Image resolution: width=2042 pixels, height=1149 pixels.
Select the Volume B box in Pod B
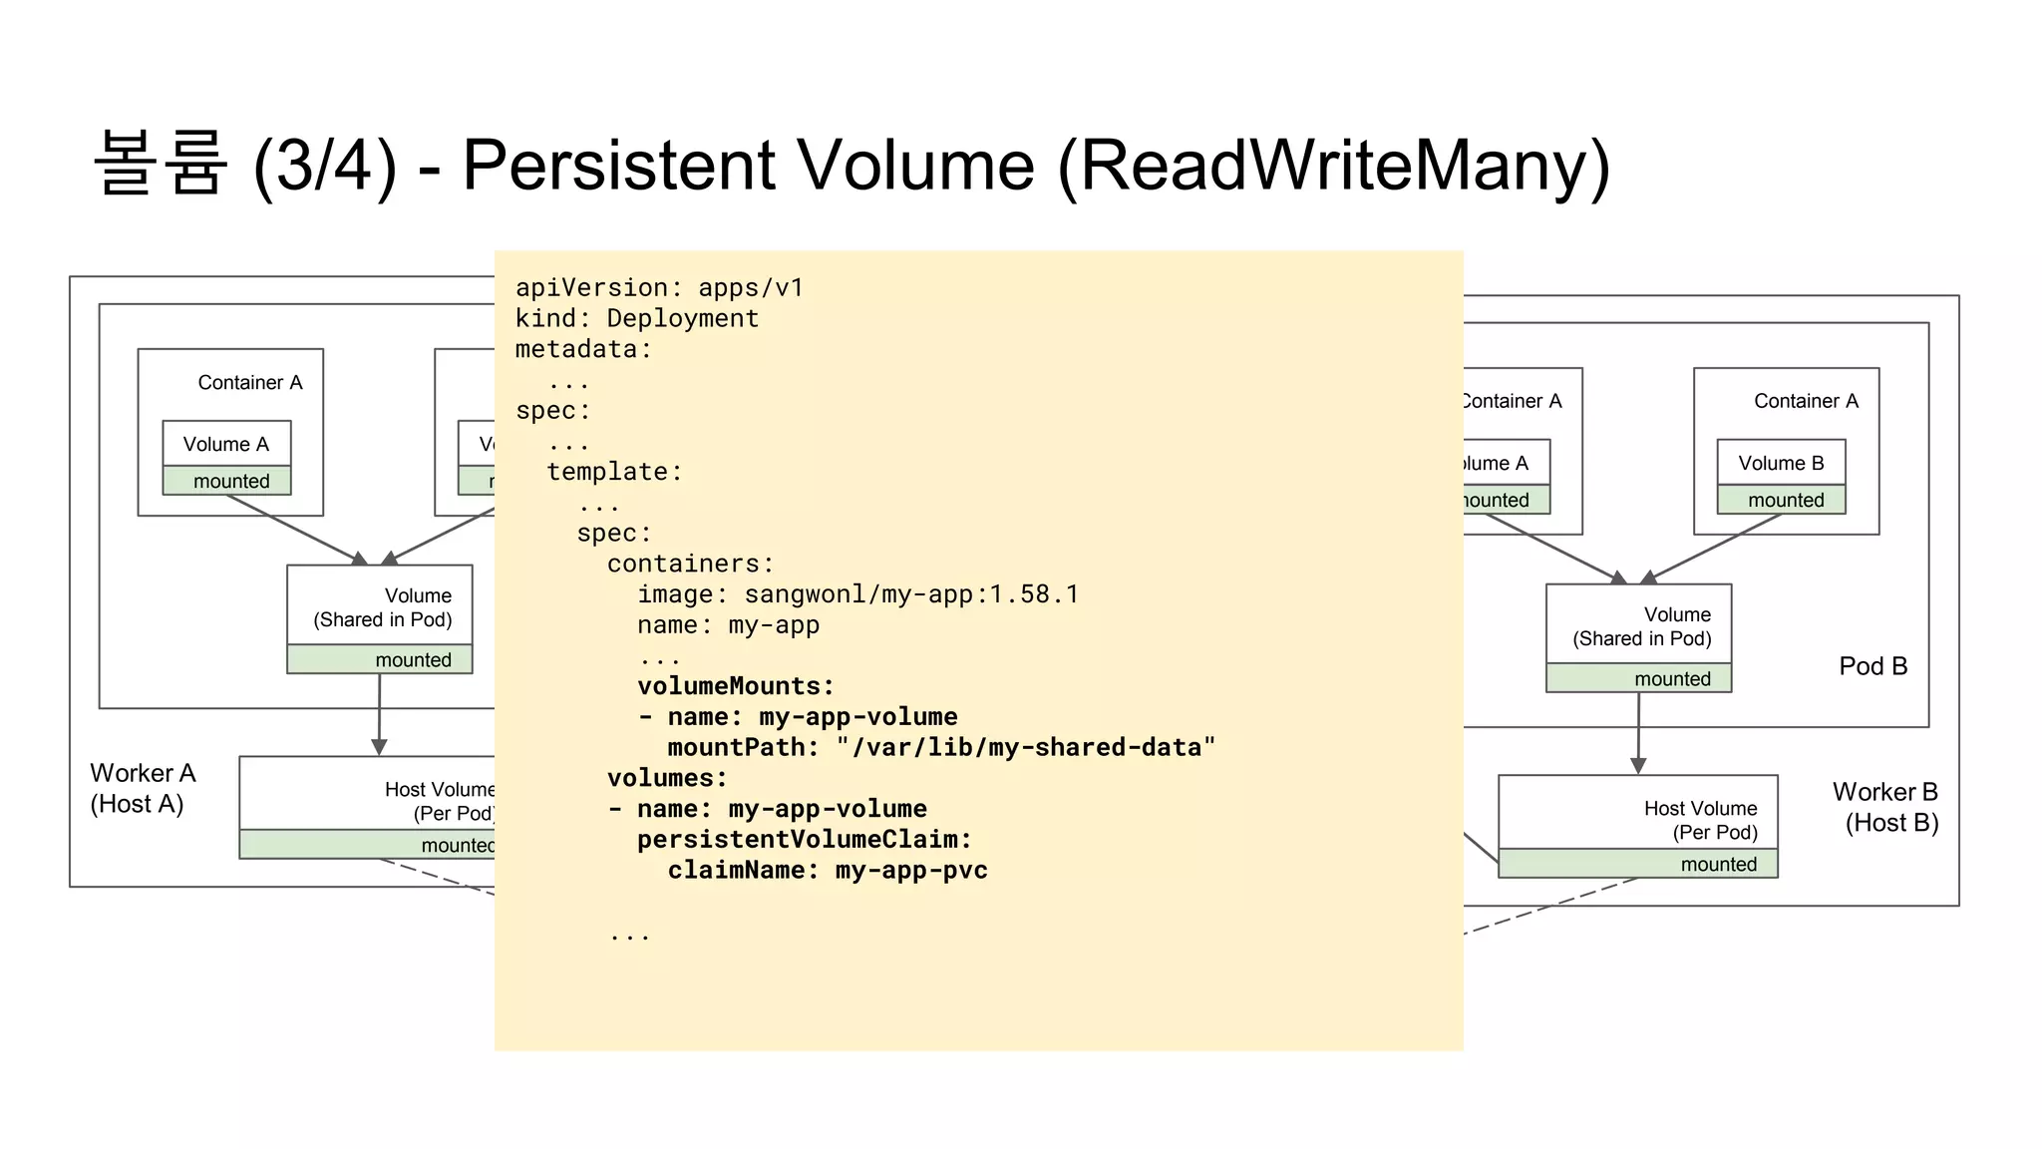(1781, 463)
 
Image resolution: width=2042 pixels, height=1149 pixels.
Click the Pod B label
(1872, 666)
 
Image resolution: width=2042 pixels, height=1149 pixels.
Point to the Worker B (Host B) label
(1886, 807)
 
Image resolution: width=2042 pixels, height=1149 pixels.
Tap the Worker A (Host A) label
(143, 788)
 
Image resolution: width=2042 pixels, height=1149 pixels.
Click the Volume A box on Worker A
(226, 445)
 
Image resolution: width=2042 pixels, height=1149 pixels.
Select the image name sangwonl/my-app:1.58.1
(911, 594)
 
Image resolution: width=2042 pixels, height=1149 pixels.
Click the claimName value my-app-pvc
(911, 870)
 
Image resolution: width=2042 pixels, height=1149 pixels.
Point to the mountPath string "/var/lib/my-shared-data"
(1026, 747)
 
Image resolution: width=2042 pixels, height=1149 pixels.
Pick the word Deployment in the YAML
(683, 318)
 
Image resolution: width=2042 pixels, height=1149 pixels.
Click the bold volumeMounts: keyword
(736, 686)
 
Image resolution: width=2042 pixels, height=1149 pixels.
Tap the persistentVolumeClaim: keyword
(805, 840)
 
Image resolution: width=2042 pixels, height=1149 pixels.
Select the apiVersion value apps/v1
(751, 287)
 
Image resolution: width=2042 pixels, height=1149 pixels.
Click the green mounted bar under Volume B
(1781, 500)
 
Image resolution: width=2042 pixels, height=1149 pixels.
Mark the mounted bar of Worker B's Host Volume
(1637, 864)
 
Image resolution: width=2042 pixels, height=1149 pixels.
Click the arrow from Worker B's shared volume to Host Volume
(1638, 733)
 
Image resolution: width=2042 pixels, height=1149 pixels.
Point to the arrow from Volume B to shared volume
(1712, 548)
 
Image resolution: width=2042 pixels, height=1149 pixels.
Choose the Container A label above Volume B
(1806, 401)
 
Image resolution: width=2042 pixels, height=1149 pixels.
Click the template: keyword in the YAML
(614, 472)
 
